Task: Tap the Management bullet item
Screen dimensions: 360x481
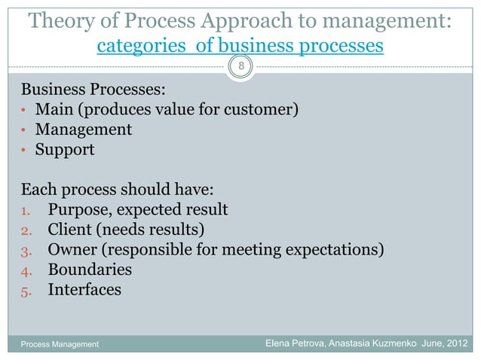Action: coord(90,130)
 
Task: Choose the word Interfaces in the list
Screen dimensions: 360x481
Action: coord(84,288)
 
